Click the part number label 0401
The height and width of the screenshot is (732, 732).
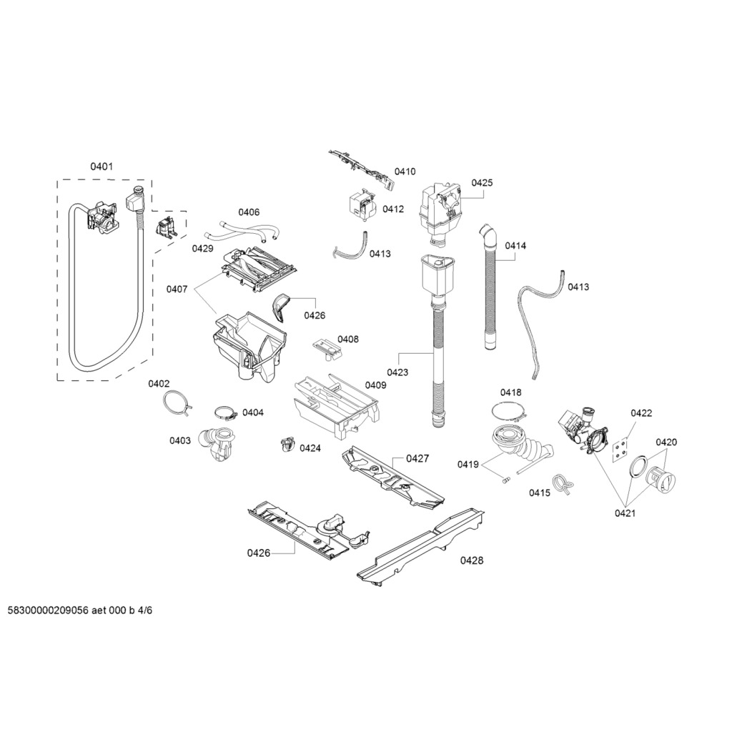(102, 166)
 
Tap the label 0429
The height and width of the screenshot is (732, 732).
(202, 248)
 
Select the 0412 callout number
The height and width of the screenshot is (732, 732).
(393, 209)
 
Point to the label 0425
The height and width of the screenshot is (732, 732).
(482, 182)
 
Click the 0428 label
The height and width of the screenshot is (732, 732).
(472, 560)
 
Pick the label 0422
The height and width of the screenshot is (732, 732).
(641, 412)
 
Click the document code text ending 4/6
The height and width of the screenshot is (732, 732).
(80, 610)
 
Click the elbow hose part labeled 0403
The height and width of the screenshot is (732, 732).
(217, 444)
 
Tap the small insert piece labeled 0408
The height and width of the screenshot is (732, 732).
(327, 349)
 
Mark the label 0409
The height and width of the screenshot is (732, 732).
(376, 385)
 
